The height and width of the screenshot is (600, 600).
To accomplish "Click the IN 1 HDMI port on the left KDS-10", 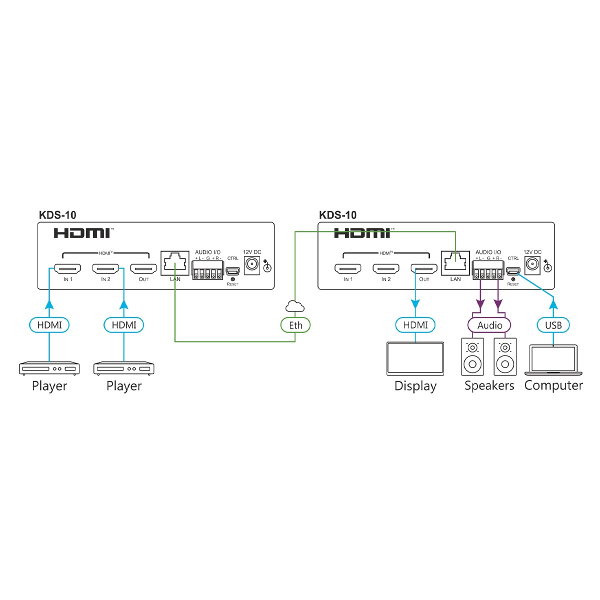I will (68, 269).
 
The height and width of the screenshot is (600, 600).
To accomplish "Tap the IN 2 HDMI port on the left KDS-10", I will (105, 269).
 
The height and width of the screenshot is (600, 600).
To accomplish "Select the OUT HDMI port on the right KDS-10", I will (424, 269).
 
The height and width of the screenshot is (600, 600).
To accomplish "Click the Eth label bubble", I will (295, 325).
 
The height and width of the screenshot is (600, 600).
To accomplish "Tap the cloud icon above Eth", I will (295, 306).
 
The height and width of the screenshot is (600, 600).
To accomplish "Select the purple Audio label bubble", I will (489, 325).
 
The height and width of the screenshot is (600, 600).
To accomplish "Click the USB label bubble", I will (553, 325).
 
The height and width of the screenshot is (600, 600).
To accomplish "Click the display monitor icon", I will (415, 358).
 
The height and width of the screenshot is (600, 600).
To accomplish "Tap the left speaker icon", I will (472, 356).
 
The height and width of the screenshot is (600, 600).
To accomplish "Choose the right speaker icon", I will (505, 356).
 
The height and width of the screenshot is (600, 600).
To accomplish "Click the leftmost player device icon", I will (49, 369).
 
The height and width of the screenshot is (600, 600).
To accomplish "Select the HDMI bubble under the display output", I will (415, 325).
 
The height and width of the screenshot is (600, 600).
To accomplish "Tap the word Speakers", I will (489, 385).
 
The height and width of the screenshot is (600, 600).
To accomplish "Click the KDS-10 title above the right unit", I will (338, 215).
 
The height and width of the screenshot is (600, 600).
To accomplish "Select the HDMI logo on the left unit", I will (82, 232).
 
